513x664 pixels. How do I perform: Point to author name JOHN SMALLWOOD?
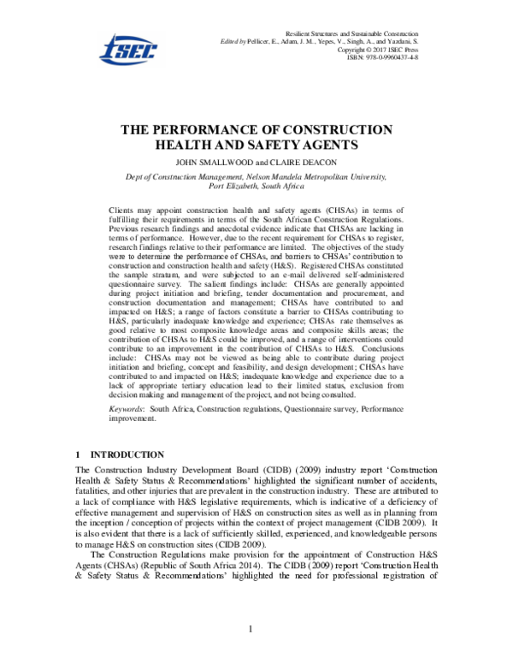(x=212, y=161)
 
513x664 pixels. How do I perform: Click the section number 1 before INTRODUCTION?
(x=78, y=454)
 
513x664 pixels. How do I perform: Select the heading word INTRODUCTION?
(x=127, y=454)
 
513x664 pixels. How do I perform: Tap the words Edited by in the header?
(x=233, y=40)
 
